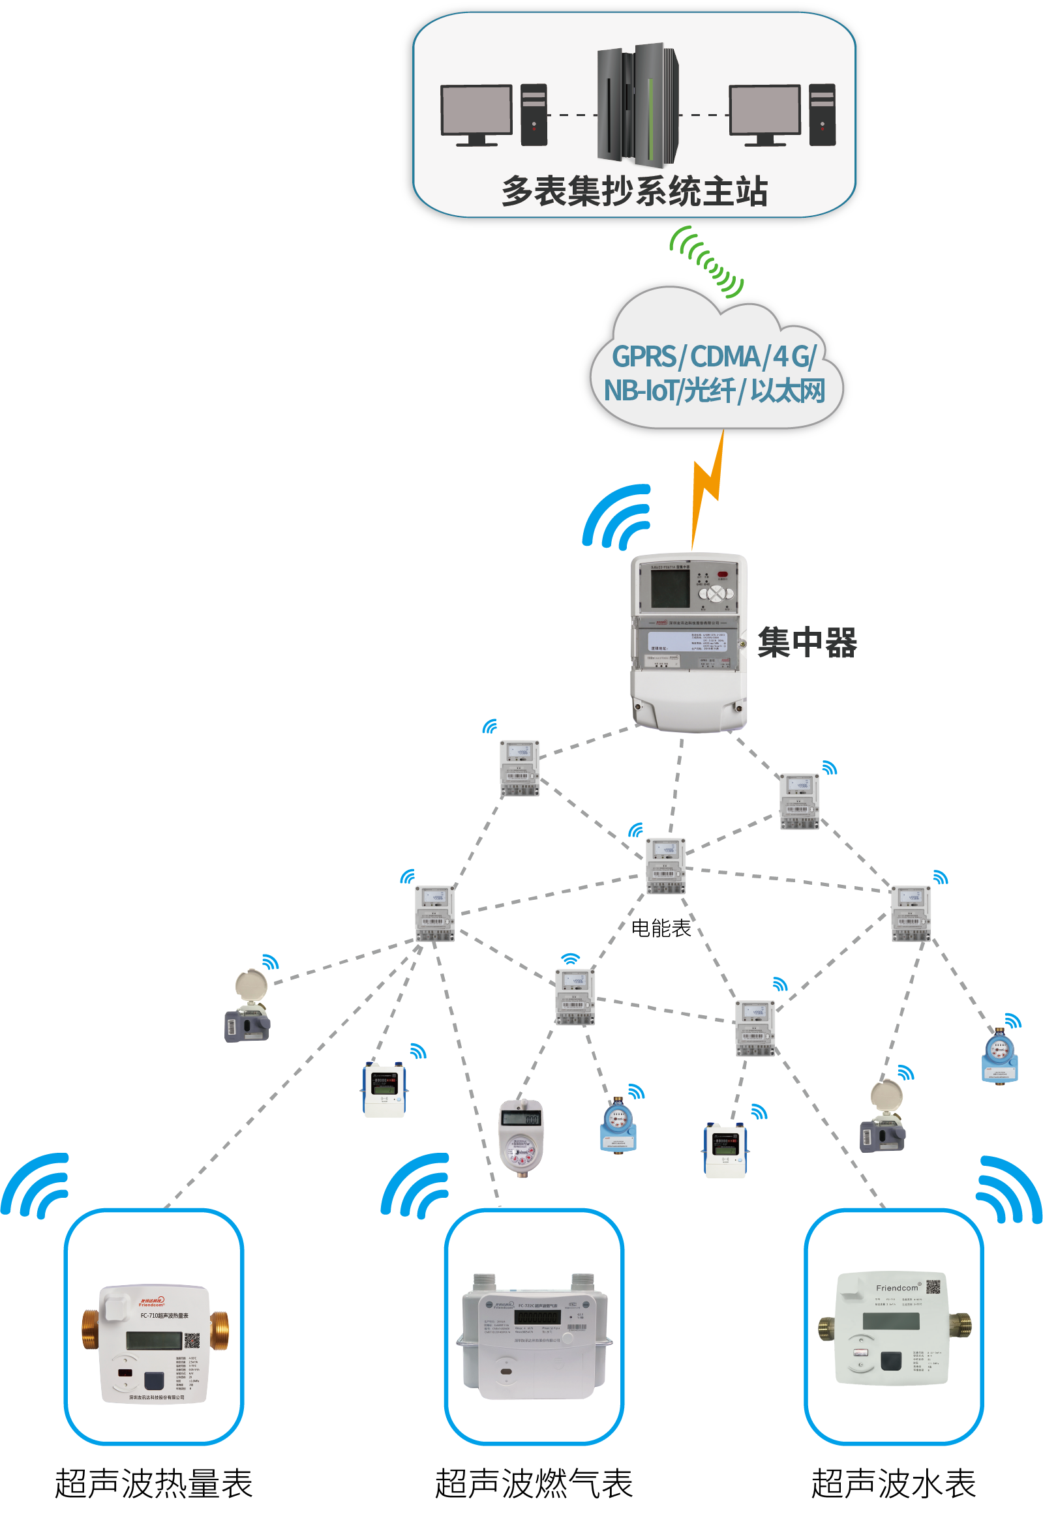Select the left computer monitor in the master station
[x=476, y=110]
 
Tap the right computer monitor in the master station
[x=764, y=110]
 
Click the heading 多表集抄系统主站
[x=634, y=192]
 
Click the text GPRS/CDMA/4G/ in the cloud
[x=714, y=357]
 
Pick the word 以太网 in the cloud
[x=788, y=391]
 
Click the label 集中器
[x=807, y=642]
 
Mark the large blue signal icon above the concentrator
[x=616, y=517]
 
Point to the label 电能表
[x=661, y=929]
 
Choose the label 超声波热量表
[x=153, y=1484]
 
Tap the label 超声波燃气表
[x=534, y=1484]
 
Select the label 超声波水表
[x=893, y=1484]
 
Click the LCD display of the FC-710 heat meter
[x=154, y=1340]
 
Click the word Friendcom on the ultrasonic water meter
[x=897, y=1288]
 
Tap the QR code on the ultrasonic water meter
[x=933, y=1286]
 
